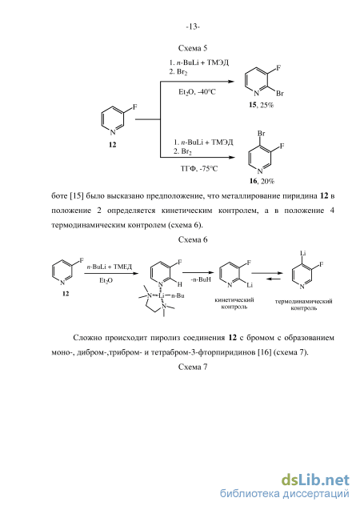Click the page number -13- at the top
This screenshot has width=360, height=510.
193,26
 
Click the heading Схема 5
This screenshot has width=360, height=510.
193,48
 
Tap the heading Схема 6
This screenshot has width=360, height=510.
193,239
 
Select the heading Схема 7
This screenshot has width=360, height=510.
193,367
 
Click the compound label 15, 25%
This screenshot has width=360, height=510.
262,105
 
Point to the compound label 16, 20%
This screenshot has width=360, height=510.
262,181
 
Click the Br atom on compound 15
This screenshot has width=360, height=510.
280,94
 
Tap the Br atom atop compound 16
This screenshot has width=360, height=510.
262,134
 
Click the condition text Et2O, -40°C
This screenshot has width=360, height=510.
197,92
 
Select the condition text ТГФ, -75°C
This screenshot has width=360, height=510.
199,169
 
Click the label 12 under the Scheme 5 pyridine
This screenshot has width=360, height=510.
113,144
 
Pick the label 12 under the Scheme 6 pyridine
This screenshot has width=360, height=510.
66,293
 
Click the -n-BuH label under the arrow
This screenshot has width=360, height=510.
201,279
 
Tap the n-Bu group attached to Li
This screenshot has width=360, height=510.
178,295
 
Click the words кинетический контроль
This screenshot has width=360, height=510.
234,303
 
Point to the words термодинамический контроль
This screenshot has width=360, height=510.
304,304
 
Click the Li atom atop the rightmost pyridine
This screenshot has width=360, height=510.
303,253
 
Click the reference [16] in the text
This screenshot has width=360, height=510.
264,352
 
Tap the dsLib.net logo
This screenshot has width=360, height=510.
315,480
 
